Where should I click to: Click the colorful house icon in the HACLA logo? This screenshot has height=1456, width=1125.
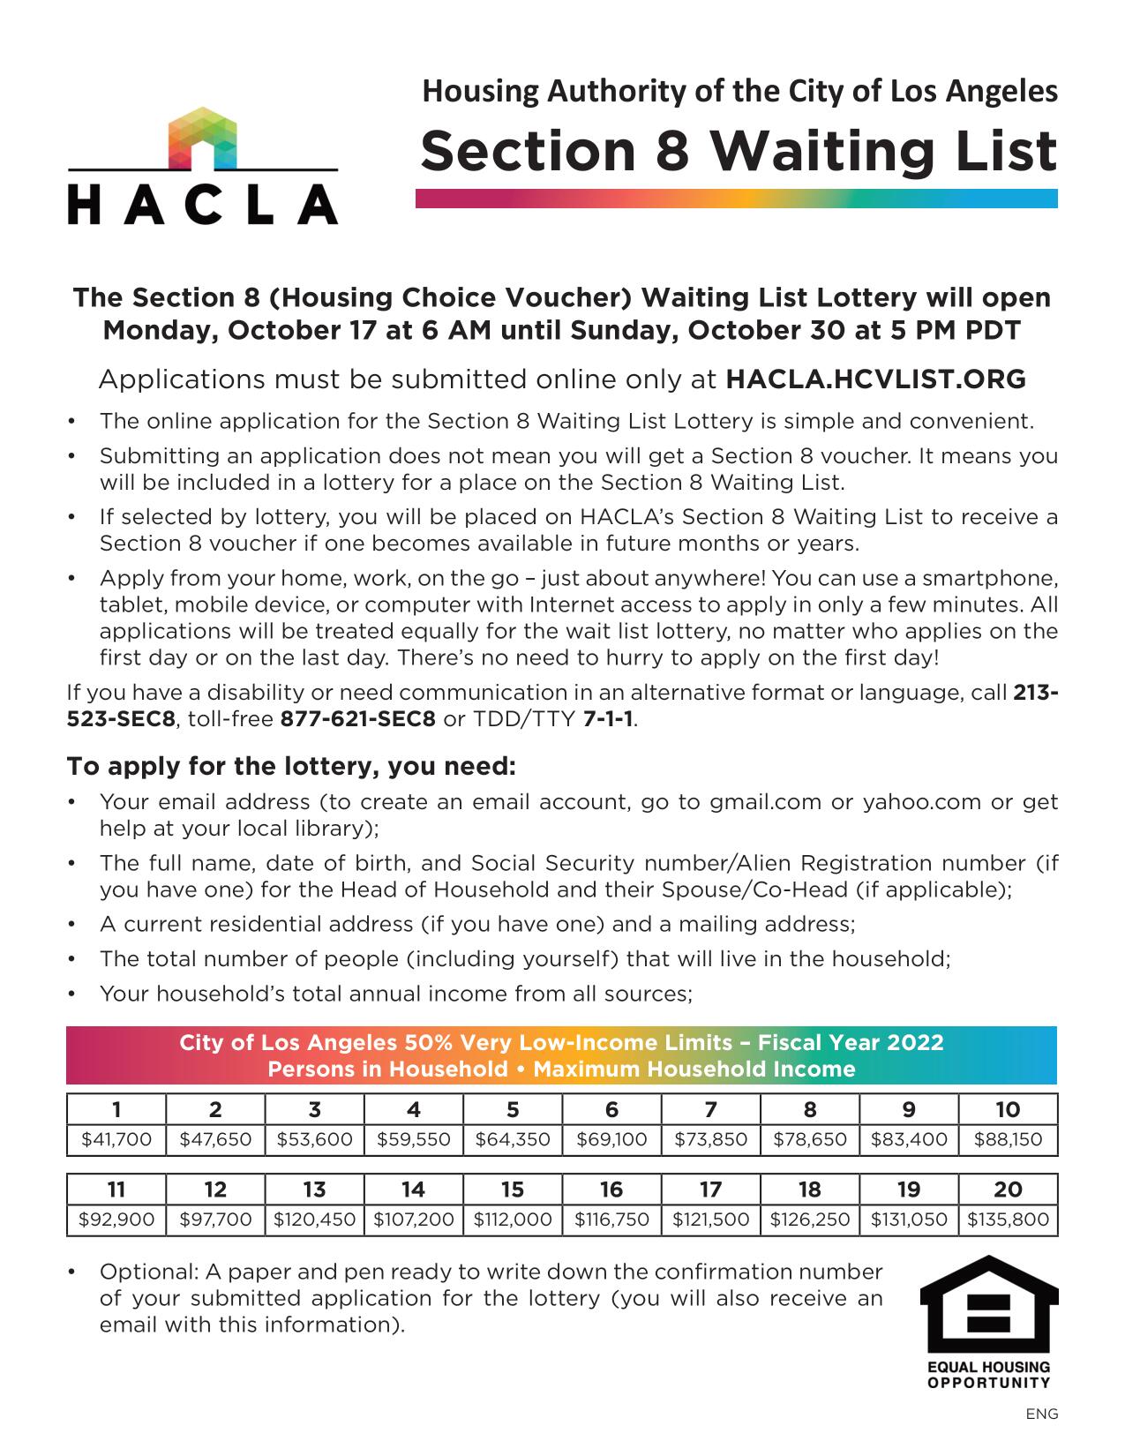pos(202,137)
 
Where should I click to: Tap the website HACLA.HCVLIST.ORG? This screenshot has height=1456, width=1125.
pos(875,379)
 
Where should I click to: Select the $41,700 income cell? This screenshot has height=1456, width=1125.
pos(116,1139)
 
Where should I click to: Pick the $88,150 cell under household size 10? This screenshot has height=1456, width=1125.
pos(1008,1139)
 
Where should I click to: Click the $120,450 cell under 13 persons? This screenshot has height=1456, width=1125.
pos(314,1220)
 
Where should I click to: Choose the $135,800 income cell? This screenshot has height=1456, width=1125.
pos(1008,1220)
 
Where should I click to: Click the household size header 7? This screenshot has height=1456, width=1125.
pos(710,1109)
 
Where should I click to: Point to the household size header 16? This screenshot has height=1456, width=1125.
pos(611,1190)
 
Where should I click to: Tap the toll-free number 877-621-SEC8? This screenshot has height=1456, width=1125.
pos(357,718)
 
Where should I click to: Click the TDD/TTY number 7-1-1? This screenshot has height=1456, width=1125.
pos(608,718)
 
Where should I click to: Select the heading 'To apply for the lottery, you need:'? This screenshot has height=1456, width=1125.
pos(291,766)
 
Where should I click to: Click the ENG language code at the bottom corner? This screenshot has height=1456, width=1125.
pos(1041,1414)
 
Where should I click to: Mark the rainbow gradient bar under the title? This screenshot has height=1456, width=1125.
pos(736,199)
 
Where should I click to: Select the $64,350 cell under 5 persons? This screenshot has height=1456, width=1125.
pos(513,1139)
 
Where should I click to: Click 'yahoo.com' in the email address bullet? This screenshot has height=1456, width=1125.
pos(921,802)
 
